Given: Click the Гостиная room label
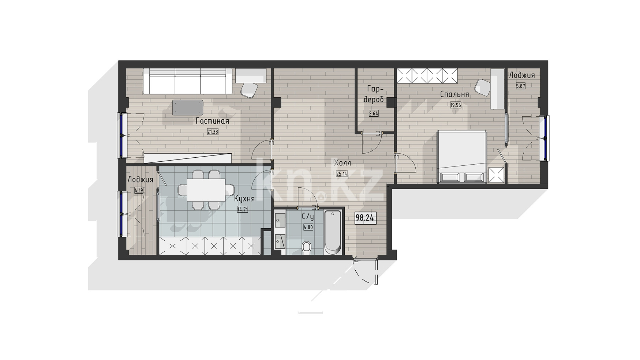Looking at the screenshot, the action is (x=212, y=121).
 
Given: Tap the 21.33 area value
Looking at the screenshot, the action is (x=213, y=132).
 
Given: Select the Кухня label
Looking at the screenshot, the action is (x=244, y=199).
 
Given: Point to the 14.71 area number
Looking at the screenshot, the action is (x=243, y=210).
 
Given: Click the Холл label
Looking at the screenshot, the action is (x=342, y=163).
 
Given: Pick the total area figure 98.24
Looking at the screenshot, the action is (x=365, y=218).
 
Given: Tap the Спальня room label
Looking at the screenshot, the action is (x=454, y=94).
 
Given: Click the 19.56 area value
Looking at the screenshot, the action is (x=456, y=105).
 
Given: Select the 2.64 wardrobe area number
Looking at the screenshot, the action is (x=374, y=113).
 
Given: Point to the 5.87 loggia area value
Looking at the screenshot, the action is (x=520, y=87).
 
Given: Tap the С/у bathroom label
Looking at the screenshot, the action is (x=308, y=217).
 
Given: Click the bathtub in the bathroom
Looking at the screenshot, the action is (x=333, y=232).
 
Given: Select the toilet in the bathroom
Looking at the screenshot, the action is (x=307, y=248).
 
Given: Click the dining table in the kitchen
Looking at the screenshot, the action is (x=206, y=190).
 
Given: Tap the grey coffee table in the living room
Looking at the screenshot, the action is (x=188, y=107).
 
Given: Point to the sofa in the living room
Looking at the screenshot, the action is (x=187, y=81).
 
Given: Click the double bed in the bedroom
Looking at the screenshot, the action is (x=462, y=156).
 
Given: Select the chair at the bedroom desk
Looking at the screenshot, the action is (x=483, y=88).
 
